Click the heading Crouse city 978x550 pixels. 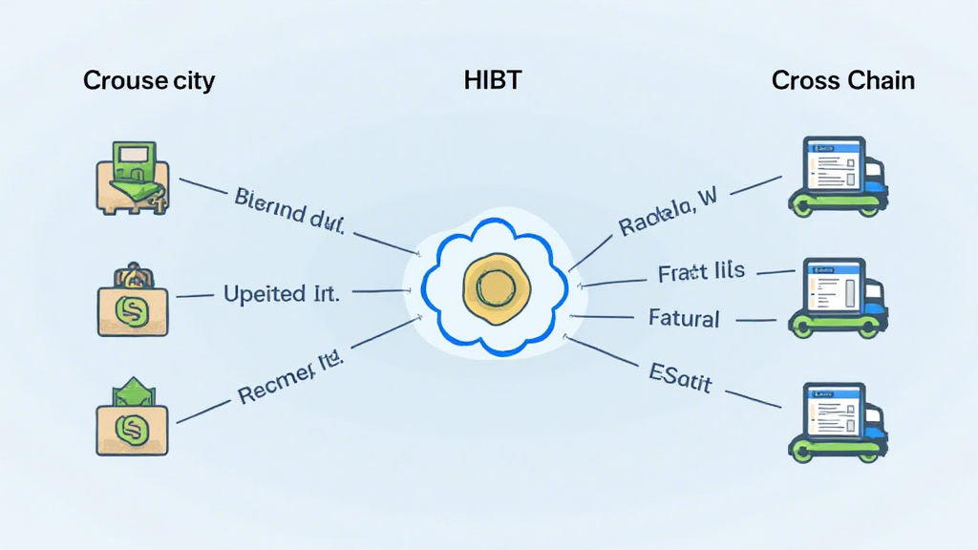pyautogui.click(x=149, y=80)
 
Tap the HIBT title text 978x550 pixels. pyautogui.click(x=492, y=80)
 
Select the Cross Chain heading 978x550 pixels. pyautogui.click(x=842, y=80)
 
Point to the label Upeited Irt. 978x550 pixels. pyautogui.click(x=281, y=293)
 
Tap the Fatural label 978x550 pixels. pyautogui.click(x=684, y=317)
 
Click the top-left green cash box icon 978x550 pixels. pyautogui.click(x=135, y=177)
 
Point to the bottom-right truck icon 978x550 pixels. pyautogui.click(x=838, y=420)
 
